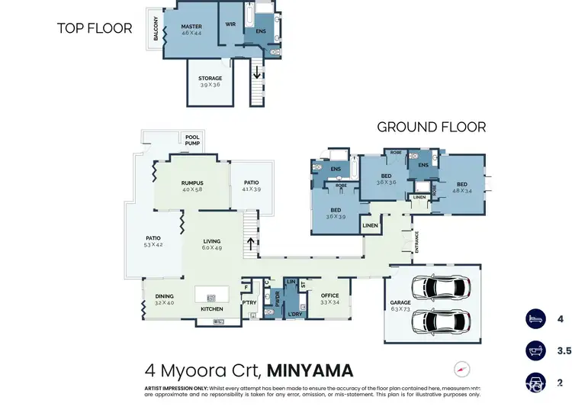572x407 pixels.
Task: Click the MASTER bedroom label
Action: click(191, 26)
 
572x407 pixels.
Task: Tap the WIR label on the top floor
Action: click(231, 24)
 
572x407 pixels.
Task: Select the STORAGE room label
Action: click(210, 78)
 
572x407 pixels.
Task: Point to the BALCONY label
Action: click(156, 29)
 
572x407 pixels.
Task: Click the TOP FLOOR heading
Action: click(95, 28)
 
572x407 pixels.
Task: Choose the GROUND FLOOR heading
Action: click(431, 127)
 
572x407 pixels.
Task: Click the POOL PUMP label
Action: click(193, 141)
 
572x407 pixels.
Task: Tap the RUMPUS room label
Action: click(191, 183)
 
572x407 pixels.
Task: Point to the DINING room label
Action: click(164, 296)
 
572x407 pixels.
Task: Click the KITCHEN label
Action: click(211, 308)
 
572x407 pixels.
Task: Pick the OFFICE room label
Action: click(329, 296)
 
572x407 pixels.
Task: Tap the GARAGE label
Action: click(400, 302)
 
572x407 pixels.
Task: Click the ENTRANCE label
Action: click(417, 242)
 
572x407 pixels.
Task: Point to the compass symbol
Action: click(462, 369)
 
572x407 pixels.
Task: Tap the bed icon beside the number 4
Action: click(535, 319)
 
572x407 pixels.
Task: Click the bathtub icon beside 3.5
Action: click(535, 350)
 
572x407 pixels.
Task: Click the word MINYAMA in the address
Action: click(310, 371)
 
